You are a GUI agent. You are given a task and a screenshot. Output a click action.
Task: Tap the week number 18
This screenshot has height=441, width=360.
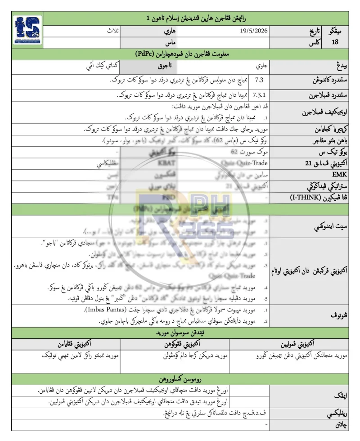pyautogui.click(x=335, y=42)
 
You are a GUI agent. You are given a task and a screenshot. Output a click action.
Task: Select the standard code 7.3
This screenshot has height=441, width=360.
pyautogui.click(x=260, y=80)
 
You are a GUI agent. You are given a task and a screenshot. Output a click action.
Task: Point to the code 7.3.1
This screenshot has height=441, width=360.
pyautogui.click(x=260, y=95)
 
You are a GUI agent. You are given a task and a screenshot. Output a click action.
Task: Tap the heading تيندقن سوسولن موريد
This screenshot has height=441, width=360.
pyautogui.click(x=180, y=333)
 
